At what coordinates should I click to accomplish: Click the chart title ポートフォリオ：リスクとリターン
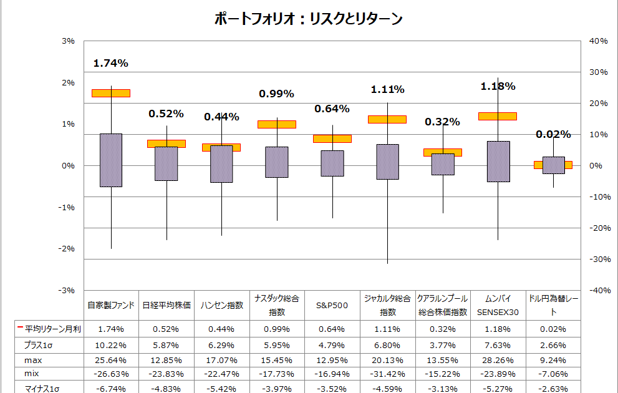pos(308,19)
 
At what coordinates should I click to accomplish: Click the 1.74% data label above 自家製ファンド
pos(110,63)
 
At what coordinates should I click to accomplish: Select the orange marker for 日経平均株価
pos(166,143)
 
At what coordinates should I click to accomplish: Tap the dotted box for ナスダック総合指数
pos(276,162)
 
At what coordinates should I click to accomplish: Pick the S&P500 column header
pos(332,306)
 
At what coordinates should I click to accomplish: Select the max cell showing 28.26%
pos(498,360)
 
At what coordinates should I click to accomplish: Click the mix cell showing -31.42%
pos(387,374)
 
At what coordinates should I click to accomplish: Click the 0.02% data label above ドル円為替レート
pos(553,134)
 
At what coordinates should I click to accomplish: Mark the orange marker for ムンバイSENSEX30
pos(498,116)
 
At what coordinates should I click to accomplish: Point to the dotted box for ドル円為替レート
pos(553,165)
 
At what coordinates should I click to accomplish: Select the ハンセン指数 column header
pos(221,306)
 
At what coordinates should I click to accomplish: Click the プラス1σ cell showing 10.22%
pos(110,344)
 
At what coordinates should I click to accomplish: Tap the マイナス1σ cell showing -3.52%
pos(332,389)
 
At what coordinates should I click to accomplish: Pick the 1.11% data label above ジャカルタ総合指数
pos(387,90)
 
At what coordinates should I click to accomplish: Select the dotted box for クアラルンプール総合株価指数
pos(443,165)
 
